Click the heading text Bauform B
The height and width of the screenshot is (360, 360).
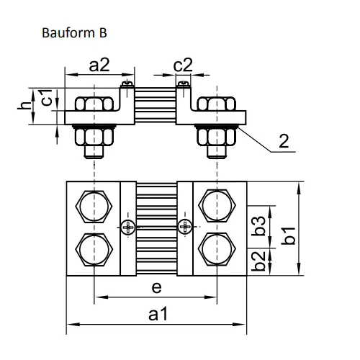pyautogui.click(x=74, y=33)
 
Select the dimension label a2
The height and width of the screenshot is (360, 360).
pyautogui.click(x=99, y=65)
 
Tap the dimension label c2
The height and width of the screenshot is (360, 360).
pyautogui.click(x=183, y=65)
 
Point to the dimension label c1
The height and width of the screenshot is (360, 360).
pyautogui.click(x=46, y=97)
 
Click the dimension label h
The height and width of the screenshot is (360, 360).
pyautogui.click(x=24, y=105)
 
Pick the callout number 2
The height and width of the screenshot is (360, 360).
pyautogui.click(x=284, y=141)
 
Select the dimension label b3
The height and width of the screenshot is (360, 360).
pyautogui.click(x=258, y=226)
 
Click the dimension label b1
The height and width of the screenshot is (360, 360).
pyautogui.click(x=289, y=235)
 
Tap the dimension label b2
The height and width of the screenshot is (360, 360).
pyautogui.click(x=258, y=261)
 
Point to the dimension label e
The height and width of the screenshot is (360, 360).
pyautogui.click(x=156, y=287)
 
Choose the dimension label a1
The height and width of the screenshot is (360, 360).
pyautogui.click(x=158, y=315)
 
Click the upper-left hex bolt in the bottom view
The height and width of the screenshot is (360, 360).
pyautogui.click(x=94, y=207)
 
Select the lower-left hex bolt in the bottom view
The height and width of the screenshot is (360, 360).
pyautogui.click(x=94, y=250)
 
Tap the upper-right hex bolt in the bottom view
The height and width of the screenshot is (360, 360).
pyautogui.click(x=217, y=206)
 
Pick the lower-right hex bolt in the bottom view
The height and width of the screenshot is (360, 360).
pyautogui.click(x=217, y=249)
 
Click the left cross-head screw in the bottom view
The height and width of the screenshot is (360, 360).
pyautogui.click(x=128, y=227)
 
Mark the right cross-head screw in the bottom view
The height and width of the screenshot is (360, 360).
pyautogui.click(x=185, y=227)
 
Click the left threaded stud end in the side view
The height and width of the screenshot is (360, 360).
pyautogui.click(x=94, y=152)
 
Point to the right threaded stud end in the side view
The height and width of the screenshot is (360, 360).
pyautogui.click(x=217, y=152)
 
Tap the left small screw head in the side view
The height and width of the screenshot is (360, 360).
pyautogui.click(x=127, y=84)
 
